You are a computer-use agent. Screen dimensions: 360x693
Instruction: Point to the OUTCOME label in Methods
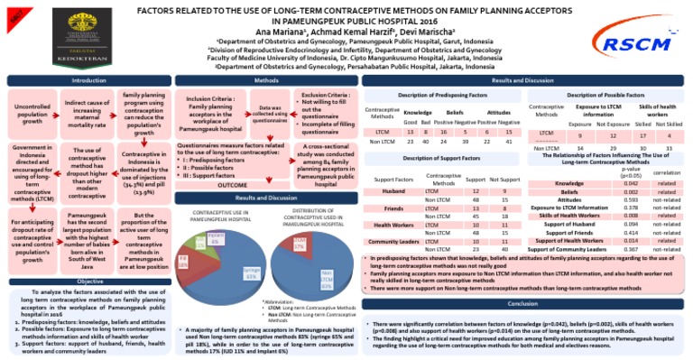pyautogui.click(x=232, y=184)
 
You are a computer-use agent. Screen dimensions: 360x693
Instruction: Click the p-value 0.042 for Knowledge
pyautogui.click(x=631, y=182)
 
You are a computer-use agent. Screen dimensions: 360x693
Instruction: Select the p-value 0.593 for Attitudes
pyautogui.click(x=631, y=198)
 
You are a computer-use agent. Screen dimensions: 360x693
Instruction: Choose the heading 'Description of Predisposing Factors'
pyautogui.click(x=442, y=95)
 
